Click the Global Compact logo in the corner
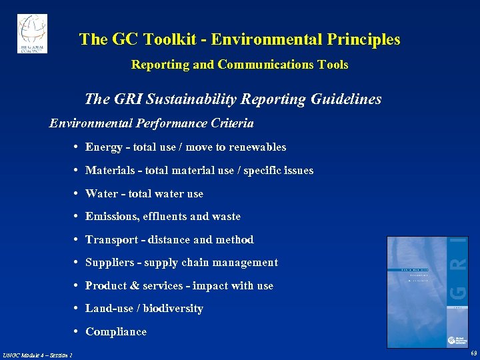tap(32, 33)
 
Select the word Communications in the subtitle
tap(258, 65)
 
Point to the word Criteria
tap(231, 123)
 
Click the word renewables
tap(257, 147)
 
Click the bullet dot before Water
tap(78, 194)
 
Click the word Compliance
tap(116, 332)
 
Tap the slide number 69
tap(473, 353)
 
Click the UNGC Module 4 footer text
tap(37, 355)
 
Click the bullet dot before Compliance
tap(78, 332)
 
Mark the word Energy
tap(103, 147)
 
